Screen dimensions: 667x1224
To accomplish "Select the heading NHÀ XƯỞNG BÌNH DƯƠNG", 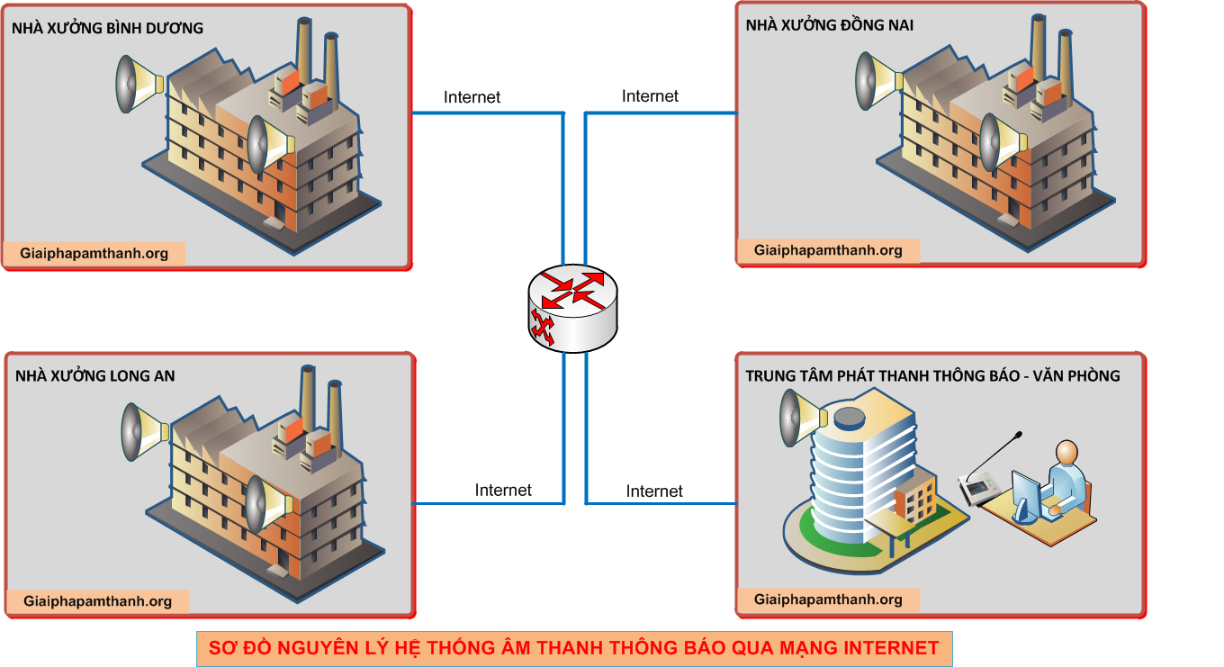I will [x=107, y=28].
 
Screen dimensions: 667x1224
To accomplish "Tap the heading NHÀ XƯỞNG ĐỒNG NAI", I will [x=829, y=25].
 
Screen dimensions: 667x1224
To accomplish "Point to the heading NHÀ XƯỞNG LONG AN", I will [x=95, y=375].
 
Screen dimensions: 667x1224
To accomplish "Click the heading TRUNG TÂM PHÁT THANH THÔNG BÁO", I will [x=932, y=375].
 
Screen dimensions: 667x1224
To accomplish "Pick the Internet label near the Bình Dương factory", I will [x=472, y=97].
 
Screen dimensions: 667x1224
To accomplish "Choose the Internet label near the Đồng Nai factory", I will [x=650, y=96].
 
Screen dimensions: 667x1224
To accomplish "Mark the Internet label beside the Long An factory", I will [x=503, y=491].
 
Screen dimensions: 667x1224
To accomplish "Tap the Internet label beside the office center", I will [x=654, y=491].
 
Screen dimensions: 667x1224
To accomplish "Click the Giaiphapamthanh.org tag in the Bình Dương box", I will [x=94, y=253].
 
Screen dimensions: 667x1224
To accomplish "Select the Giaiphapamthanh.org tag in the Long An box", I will [x=98, y=601].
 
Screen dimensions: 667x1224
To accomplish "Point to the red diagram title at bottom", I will [x=573, y=647].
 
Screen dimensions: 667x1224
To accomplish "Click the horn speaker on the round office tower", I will [x=801, y=419].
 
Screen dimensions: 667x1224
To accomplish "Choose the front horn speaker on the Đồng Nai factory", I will [x=1002, y=142].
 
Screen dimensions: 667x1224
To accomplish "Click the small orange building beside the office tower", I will [x=914, y=500].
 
